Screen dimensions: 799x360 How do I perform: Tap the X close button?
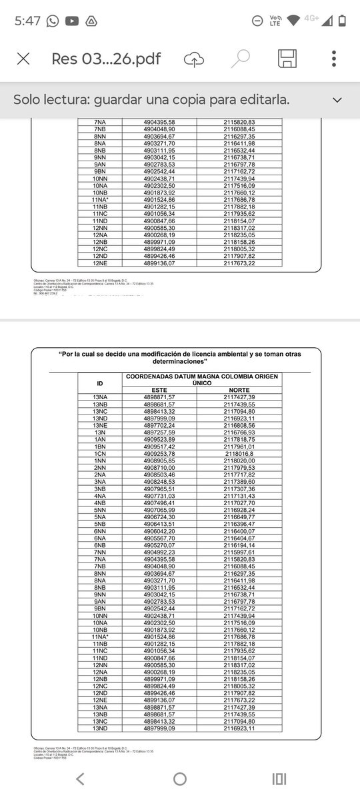point(23,59)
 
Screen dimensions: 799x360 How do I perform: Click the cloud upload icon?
point(193,59)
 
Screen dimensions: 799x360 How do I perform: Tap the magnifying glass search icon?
point(241,59)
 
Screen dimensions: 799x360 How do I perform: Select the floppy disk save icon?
point(287,59)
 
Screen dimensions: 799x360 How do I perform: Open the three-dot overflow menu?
point(333,59)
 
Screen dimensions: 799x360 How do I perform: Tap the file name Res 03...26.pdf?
point(106,59)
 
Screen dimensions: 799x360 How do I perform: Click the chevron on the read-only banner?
point(337,100)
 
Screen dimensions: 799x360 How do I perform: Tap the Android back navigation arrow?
point(80,778)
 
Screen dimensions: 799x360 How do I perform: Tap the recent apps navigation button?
point(279,778)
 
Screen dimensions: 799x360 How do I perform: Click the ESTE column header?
point(159,389)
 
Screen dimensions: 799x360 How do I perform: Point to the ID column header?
point(100,385)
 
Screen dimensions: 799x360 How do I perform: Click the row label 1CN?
point(100,454)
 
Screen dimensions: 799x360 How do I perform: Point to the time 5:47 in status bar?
point(27,21)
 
